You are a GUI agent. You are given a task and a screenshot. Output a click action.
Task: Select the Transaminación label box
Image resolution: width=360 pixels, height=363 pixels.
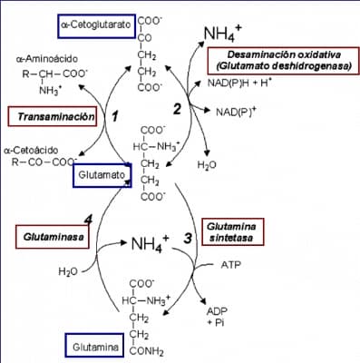tap(52, 117)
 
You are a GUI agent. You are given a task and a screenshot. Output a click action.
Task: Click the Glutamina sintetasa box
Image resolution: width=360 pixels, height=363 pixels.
tap(228, 231)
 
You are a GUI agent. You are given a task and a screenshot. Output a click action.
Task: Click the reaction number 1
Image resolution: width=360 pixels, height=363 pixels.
tap(115, 116)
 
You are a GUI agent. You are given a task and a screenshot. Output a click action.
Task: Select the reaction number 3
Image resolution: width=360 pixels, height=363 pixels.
tap(188, 238)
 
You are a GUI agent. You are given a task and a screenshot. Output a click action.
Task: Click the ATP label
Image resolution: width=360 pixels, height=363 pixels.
tap(231, 265)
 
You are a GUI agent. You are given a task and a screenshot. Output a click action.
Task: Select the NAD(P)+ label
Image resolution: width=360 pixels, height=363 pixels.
tap(235, 113)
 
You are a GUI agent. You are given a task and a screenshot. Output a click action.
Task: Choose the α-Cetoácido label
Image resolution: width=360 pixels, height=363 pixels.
tap(31, 150)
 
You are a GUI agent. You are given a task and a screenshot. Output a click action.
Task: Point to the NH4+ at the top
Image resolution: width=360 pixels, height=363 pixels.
tap(222, 35)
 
